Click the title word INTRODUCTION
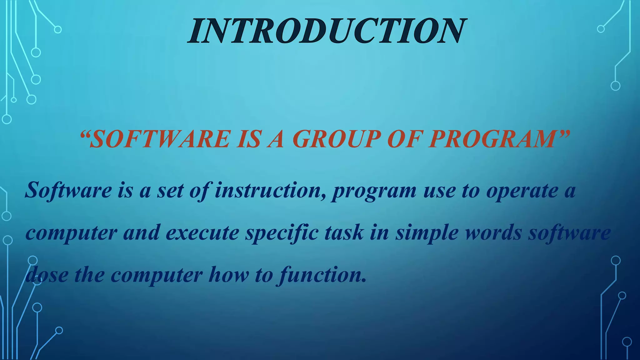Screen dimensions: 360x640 327,31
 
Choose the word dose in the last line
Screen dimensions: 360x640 47,275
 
